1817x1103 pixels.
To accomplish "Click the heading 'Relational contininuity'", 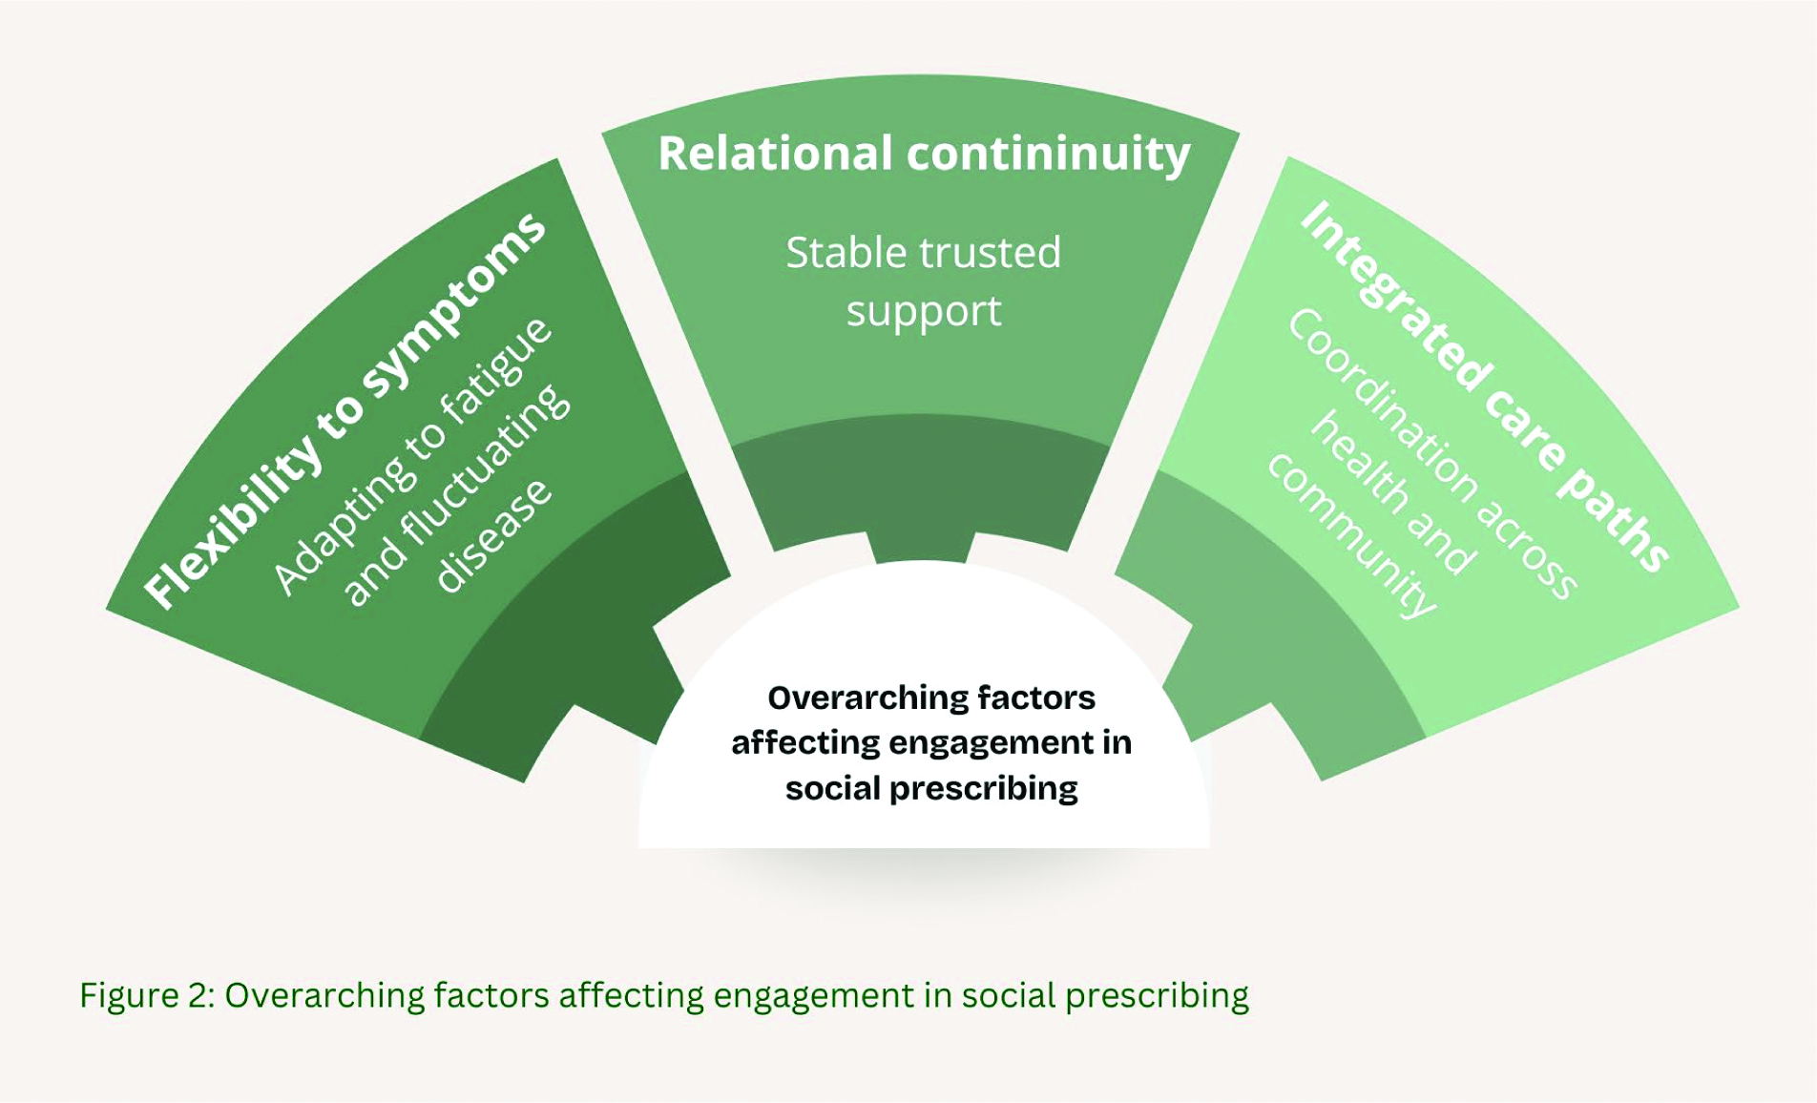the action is coord(924,155).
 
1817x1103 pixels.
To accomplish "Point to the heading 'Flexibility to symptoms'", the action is coord(345,410).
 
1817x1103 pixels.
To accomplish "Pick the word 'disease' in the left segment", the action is coord(493,534).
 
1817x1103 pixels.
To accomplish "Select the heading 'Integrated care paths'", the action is coord(1484,386).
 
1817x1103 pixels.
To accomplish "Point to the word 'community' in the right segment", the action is coord(1351,534).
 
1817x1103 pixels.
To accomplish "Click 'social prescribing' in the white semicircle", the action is coord(931,789).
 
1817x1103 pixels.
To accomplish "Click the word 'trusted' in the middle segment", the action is coord(992,253).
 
